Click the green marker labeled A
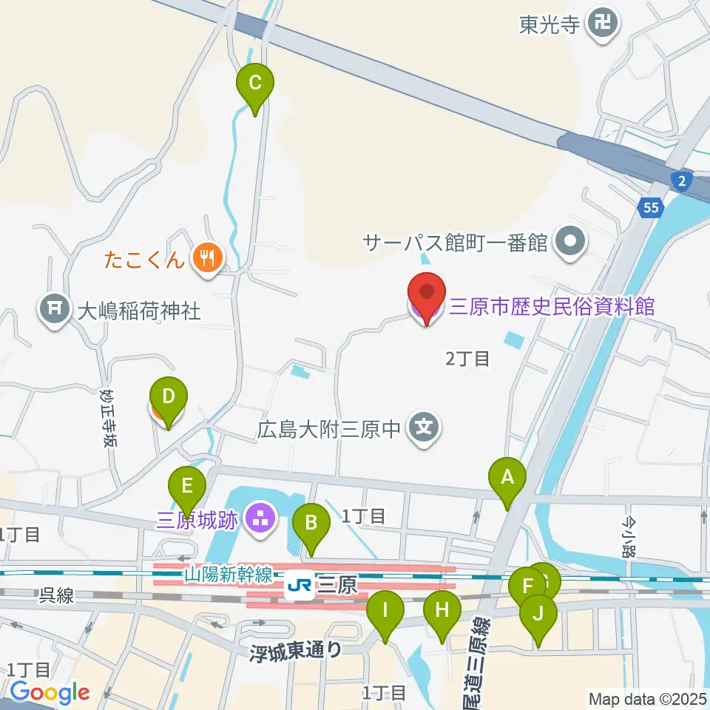coord(507,477)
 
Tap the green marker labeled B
coord(311,523)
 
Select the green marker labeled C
coord(254,82)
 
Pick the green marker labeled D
coord(168,396)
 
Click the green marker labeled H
coord(442,610)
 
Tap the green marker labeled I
coord(385,610)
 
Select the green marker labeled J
coord(538,613)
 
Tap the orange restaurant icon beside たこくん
coord(203,258)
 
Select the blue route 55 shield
coord(650,209)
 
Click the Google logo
coord(50,693)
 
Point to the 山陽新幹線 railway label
coord(229,573)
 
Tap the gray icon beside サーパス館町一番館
coord(572,241)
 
